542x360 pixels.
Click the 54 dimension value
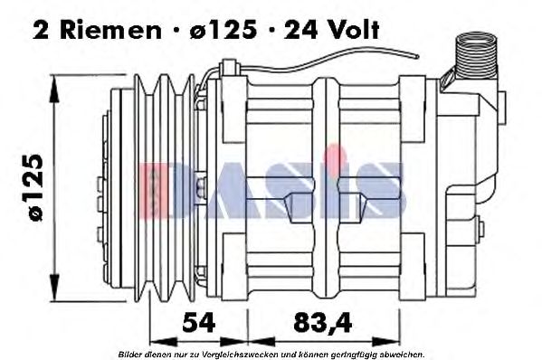[x=197, y=322]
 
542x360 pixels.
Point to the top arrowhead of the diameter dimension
[x=56, y=81]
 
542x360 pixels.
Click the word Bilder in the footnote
[x=130, y=354]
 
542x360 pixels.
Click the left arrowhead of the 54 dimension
[x=153, y=343]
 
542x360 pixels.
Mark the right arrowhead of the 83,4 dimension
[x=390, y=343]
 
